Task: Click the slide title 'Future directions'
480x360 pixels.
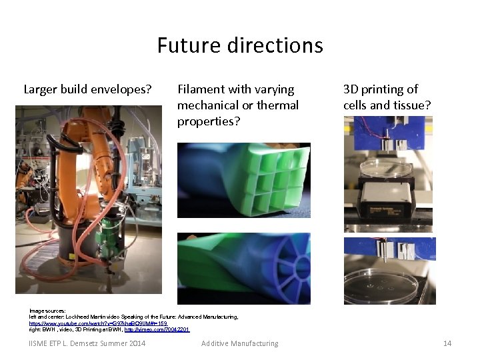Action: point(240,45)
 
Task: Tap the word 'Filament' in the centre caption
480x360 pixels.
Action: point(201,89)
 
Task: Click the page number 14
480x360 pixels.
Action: point(447,343)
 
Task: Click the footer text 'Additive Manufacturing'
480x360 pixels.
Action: point(240,343)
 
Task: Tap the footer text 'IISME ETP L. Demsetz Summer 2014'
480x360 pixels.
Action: point(87,343)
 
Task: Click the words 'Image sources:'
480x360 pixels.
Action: point(47,311)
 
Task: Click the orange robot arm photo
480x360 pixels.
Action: point(89,200)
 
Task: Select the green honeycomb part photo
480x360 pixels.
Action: point(243,180)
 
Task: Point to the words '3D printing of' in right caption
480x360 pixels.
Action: point(381,89)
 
